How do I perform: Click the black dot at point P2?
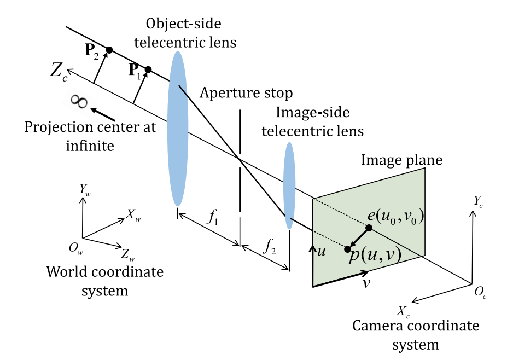109,50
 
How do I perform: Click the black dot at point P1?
148,69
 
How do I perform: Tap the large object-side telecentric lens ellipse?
177,129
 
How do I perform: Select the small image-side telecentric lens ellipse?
289,185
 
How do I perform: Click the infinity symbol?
80,102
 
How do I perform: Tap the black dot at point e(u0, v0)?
369,228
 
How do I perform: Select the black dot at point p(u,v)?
347,249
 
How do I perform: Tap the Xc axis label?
402,312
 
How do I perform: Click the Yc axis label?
479,200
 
